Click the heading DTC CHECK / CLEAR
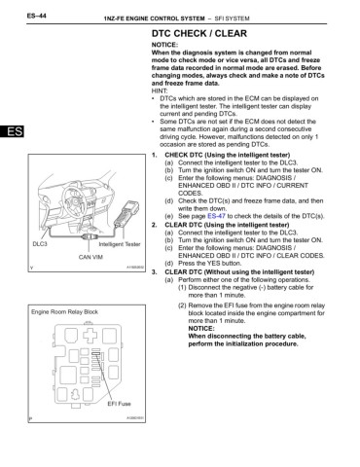(207, 31)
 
